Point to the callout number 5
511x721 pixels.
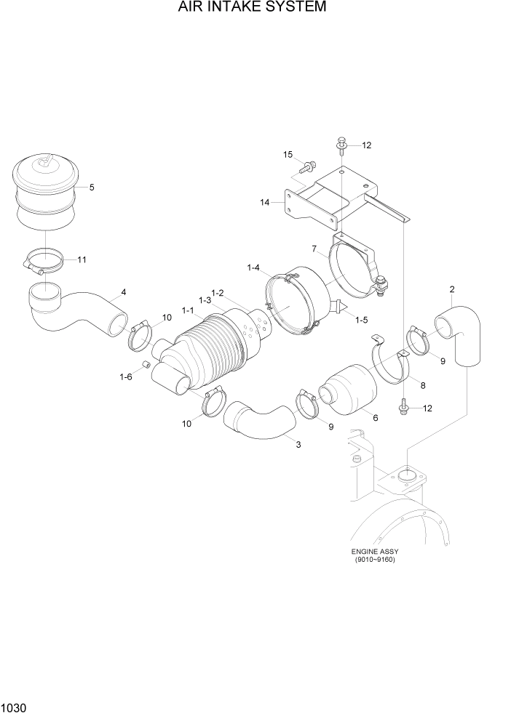pos(92,188)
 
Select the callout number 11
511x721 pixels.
pos(82,259)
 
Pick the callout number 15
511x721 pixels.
pos(288,155)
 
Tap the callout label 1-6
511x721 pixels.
pos(125,376)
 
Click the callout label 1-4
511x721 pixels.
pos(253,268)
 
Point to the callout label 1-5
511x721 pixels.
pos(360,319)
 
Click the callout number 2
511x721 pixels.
pos(452,289)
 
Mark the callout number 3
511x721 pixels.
pos(298,444)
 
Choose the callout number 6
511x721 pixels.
pos(375,418)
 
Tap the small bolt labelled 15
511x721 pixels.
pos(308,167)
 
